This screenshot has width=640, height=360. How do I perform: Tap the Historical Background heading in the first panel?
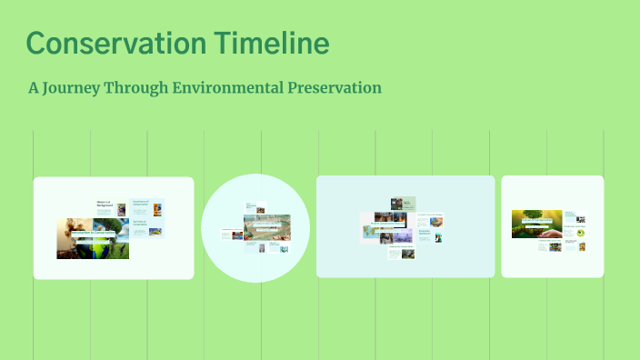[x=107, y=205]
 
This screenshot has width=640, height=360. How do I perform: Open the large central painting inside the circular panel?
[x=266, y=226]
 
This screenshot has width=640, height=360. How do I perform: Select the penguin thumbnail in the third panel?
[x=437, y=236]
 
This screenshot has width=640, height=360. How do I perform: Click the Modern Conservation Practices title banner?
[x=387, y=223]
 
